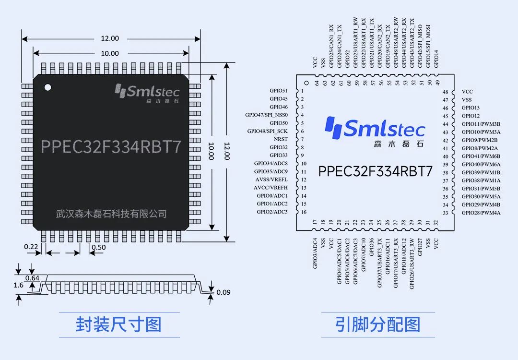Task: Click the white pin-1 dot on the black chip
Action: pyautogui.click(x=48, y=87)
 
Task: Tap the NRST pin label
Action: pyautogui.click(x=281, y=139)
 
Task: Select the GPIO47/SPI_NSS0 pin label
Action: pyautogui.click(x=266, y=115)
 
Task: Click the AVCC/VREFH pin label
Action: pyautogui.click(x=271, y=188)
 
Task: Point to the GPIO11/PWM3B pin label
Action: pyautogui.click(x=481, y=124)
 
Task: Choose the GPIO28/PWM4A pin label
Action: pyautogui.click(x=481, y=213)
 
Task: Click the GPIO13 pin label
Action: pyautogui.click(x=471, y=108)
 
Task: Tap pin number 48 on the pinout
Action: pyautogui.click(x=446, y=92)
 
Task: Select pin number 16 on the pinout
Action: pyautogui.click(x=304, y=212)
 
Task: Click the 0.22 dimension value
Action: pyautogui.click(x=31, y=247)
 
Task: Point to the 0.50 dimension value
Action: pyautogui.click(x=99, y=247)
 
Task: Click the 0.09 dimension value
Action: pyautogui.click(x=224, y=292)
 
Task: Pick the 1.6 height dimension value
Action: pyautogui.click(x=19, y=285)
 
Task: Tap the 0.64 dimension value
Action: pyautogui.click(x=33, y=278)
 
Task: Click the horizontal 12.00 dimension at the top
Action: pyautogui.click(x=110, y=38)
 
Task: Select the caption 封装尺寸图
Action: pyautogui.click(x=119, y=324)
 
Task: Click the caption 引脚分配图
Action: pyautogui.click(x=378, y=324)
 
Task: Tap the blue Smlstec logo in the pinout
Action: pyautogui.click(x=375, y=131)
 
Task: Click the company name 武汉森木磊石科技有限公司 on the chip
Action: pyautogui.click(x=111, y=214)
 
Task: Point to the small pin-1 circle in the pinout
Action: pyautogui.click(x=306, y=83)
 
